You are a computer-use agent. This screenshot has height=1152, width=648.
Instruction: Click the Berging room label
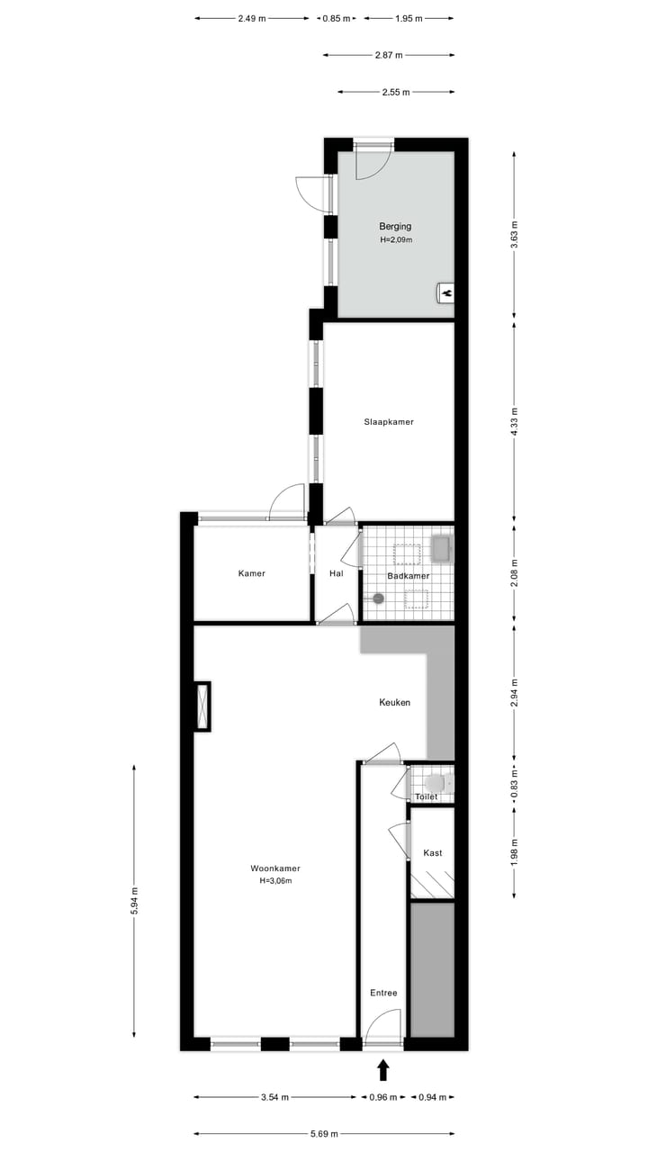pos(395,227)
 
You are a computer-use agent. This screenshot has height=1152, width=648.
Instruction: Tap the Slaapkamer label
pos(389,421)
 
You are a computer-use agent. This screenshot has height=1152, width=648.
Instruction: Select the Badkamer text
pos(408,576)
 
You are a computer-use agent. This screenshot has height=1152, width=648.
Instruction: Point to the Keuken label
pos(394,702)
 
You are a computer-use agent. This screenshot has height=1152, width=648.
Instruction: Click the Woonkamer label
pos(275,868)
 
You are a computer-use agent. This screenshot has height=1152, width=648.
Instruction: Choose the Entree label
pos(383,993)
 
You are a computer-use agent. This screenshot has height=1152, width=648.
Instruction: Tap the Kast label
pos(432,853)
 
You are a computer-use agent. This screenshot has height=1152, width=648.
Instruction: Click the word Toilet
pos(427,797)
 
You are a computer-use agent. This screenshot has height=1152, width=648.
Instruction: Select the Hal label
pos(337,573)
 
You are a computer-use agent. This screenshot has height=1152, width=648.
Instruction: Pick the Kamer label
pos(252,573)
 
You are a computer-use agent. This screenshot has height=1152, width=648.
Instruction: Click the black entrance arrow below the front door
pos(383,1069)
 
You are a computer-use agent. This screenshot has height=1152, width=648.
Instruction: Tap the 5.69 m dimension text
pos(324,1134)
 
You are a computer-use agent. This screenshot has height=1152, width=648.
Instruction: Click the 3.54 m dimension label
pos(274,1097)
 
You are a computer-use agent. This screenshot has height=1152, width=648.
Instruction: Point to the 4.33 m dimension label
pos(514,421)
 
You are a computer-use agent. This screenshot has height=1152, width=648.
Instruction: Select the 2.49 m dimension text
pos(252,18)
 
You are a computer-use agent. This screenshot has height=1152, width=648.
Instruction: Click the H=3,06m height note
pos(275,881)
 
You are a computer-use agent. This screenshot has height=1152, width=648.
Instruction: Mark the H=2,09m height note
pos(395,240)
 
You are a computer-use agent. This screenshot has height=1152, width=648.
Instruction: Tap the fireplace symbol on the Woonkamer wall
pos(202,706)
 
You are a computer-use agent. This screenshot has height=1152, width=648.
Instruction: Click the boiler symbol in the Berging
pos(445,292)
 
